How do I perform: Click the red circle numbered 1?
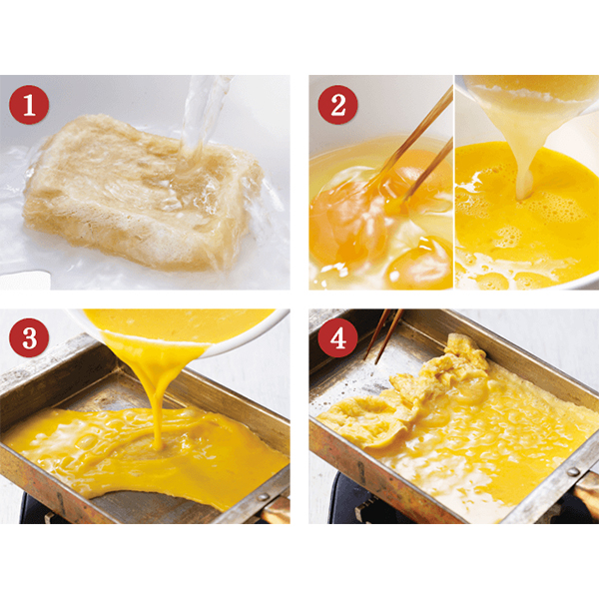29,104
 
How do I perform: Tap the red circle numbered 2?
337,104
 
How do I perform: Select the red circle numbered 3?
29,337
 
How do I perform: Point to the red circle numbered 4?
337,337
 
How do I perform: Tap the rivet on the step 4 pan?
573,471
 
